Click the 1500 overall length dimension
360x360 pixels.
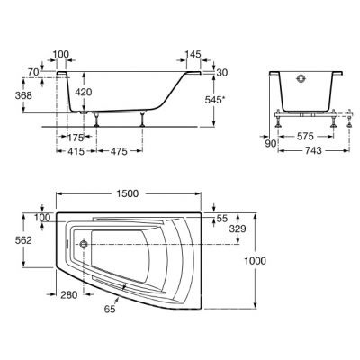pos(128,193)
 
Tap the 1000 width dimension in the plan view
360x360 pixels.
pos(255,261)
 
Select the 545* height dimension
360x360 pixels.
pos(215,100)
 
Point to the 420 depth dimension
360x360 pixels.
pos(83,92)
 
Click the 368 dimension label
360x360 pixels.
pos(23,95)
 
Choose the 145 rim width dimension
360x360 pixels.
pos(193,54)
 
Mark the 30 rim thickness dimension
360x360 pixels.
pos(222,73)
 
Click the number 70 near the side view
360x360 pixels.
pos(33,72)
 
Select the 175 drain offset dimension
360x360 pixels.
pos(75,138)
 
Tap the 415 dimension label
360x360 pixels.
pos(76,151)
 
